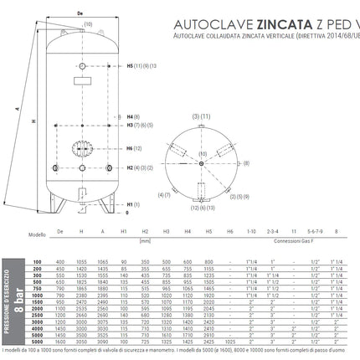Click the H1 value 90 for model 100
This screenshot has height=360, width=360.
pos(123,262)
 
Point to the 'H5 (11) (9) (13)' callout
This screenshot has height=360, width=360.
pos(141,64)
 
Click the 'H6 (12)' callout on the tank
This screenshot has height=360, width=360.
pos(136,148)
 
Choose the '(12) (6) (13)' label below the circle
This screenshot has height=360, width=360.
pos(206,207)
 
